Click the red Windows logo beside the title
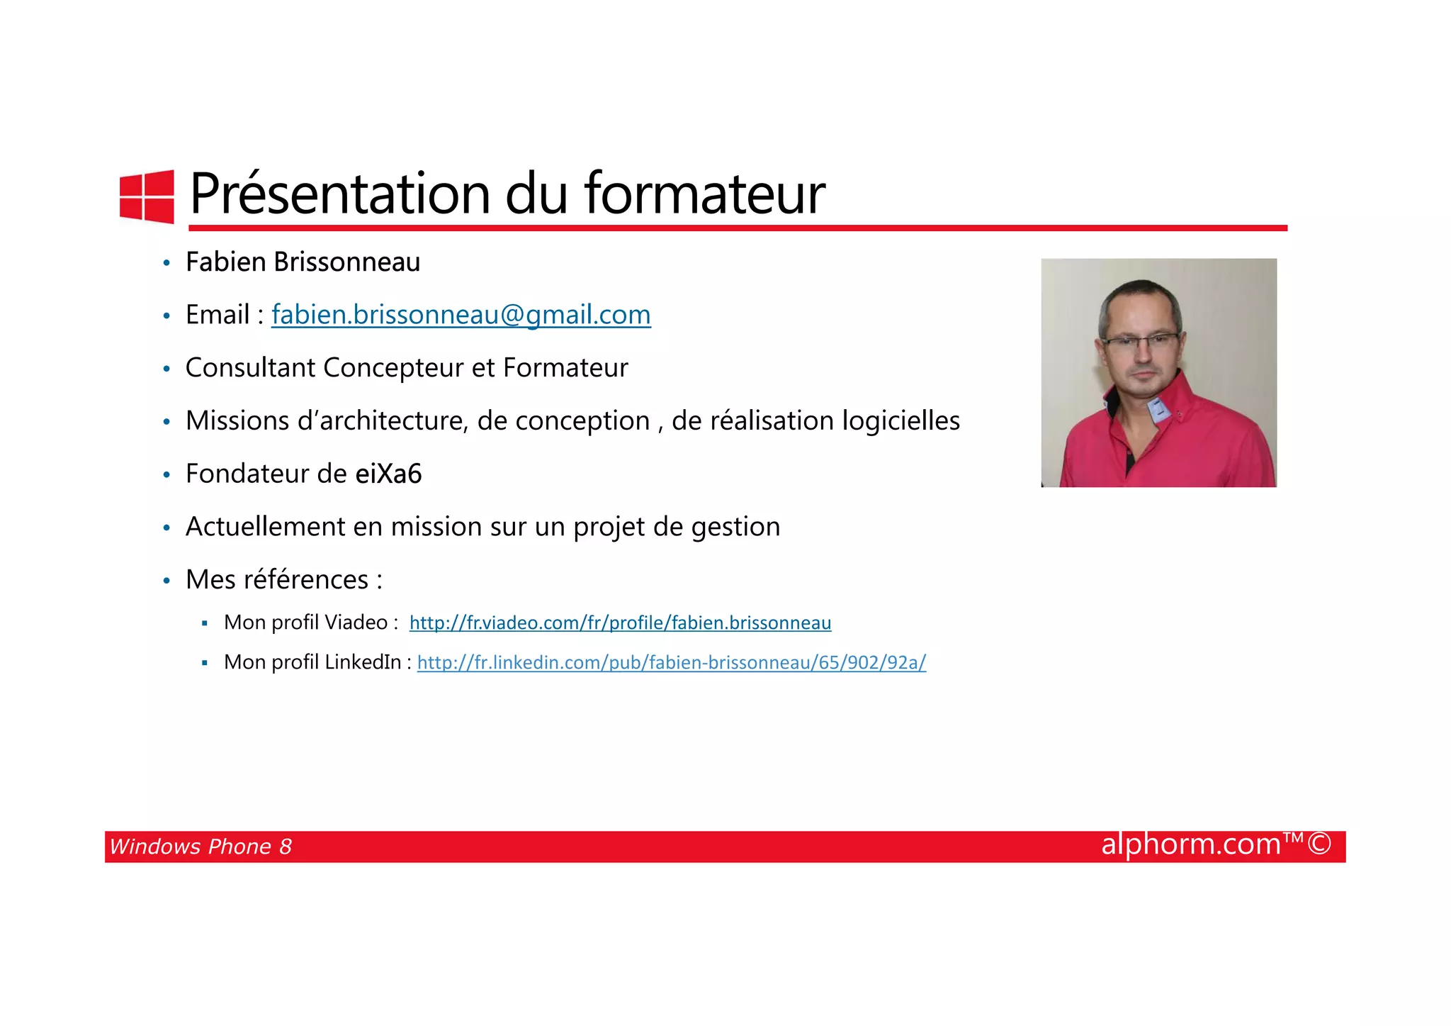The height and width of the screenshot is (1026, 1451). [147, 196]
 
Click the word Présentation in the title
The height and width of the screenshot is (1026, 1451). [339, 194]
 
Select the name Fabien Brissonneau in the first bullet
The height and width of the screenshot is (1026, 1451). [303, 262]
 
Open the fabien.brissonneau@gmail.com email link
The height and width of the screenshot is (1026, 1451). [461, 315]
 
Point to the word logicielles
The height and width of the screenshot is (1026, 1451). [900, 420]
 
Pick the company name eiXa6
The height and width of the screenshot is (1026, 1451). [388, 474]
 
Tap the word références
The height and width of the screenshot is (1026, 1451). [306, 580]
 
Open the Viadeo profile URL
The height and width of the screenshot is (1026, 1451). [620, 623]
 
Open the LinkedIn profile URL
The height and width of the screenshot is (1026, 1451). [671, 662]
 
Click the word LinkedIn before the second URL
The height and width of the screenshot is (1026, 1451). [363, 662]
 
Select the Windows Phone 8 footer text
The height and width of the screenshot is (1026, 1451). [201, 847]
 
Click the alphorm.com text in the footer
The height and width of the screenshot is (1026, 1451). [1190, 844]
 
